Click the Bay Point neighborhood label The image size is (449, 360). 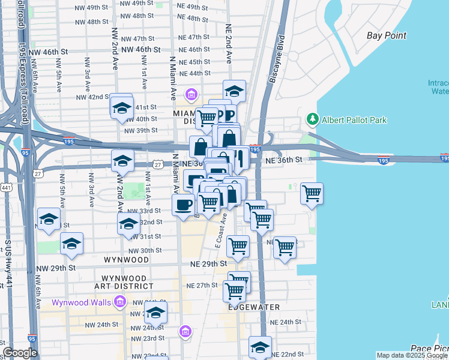[387, 35]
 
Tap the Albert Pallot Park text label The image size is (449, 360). [354, 120]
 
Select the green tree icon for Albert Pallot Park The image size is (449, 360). [312, 120]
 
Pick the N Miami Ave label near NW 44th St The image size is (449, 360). [173, 78]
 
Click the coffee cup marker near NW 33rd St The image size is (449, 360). [183, 205]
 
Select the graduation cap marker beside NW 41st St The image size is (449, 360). [122, 108]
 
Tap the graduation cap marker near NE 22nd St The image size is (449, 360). [260, 346]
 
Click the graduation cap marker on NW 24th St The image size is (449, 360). [156, 312]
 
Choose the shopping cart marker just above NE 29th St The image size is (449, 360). [238, 245]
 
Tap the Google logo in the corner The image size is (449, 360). [20, 353]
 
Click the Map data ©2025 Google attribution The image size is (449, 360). [412, 355]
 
